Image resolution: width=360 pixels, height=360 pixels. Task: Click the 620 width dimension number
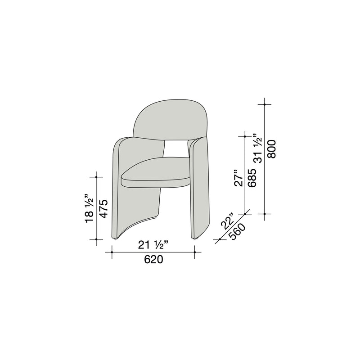tap(153, 260)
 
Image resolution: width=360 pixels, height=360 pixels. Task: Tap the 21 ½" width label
tap(153, 245)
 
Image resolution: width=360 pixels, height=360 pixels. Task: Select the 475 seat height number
tap(104, 209)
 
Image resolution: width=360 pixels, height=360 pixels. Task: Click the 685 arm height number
tap(252, 178)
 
